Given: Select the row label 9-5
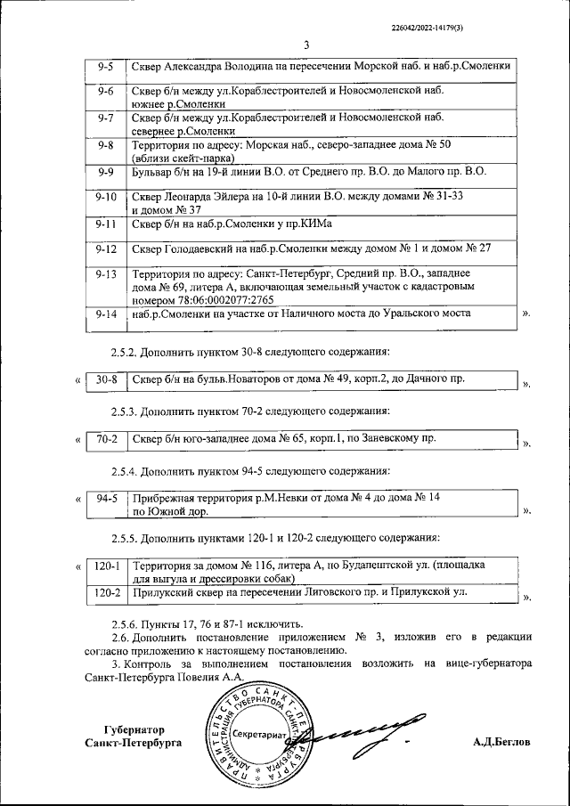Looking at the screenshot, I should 105,67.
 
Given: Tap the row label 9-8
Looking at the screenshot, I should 105,144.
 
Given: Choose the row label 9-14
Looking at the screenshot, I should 106,314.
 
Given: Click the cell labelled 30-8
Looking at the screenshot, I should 107,380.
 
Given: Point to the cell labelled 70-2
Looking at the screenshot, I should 107,439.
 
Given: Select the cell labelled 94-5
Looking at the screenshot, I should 107,499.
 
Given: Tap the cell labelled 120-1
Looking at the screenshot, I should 107,565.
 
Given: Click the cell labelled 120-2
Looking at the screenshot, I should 107,590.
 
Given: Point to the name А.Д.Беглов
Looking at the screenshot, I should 501,741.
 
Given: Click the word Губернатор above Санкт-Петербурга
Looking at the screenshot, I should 134,727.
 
